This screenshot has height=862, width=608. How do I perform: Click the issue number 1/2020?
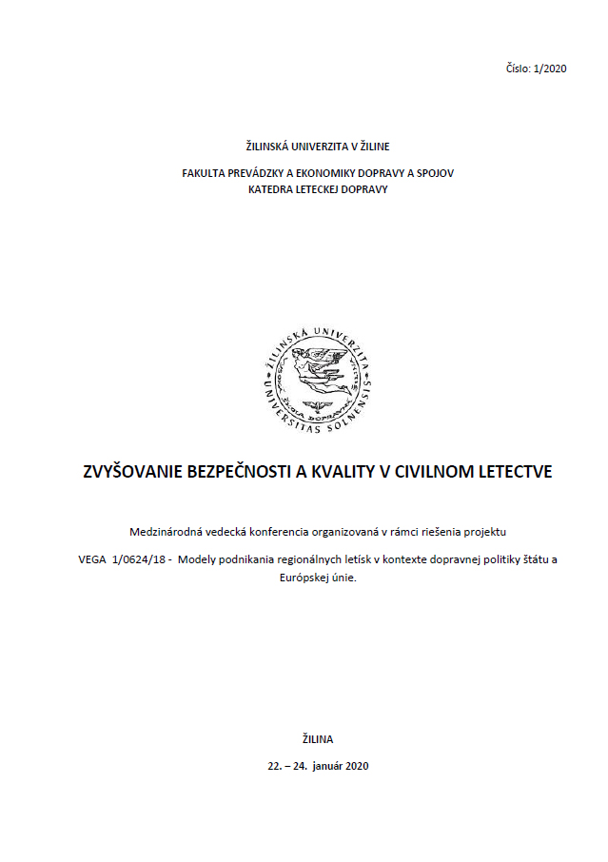[x=552, y=69]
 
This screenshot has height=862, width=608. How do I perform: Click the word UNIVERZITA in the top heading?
[x=317, y=147]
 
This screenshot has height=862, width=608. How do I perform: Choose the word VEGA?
[x=92, y=559]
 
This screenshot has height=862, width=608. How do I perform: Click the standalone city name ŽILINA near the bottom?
[x=318, y=738]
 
